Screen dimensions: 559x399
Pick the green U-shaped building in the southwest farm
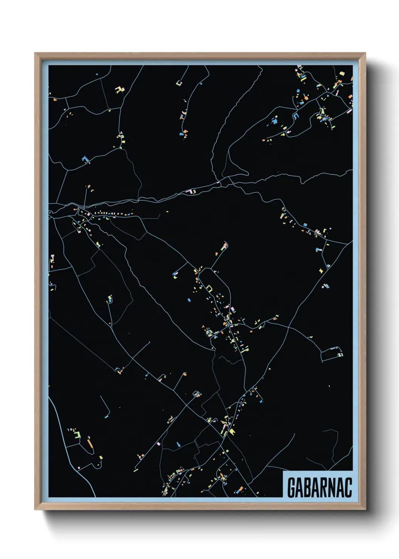coord(78,434)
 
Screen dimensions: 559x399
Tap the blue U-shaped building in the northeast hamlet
coord(296,116)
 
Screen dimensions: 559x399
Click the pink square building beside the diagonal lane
coord(158,443)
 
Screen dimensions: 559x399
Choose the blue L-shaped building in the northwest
coord(85,159)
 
